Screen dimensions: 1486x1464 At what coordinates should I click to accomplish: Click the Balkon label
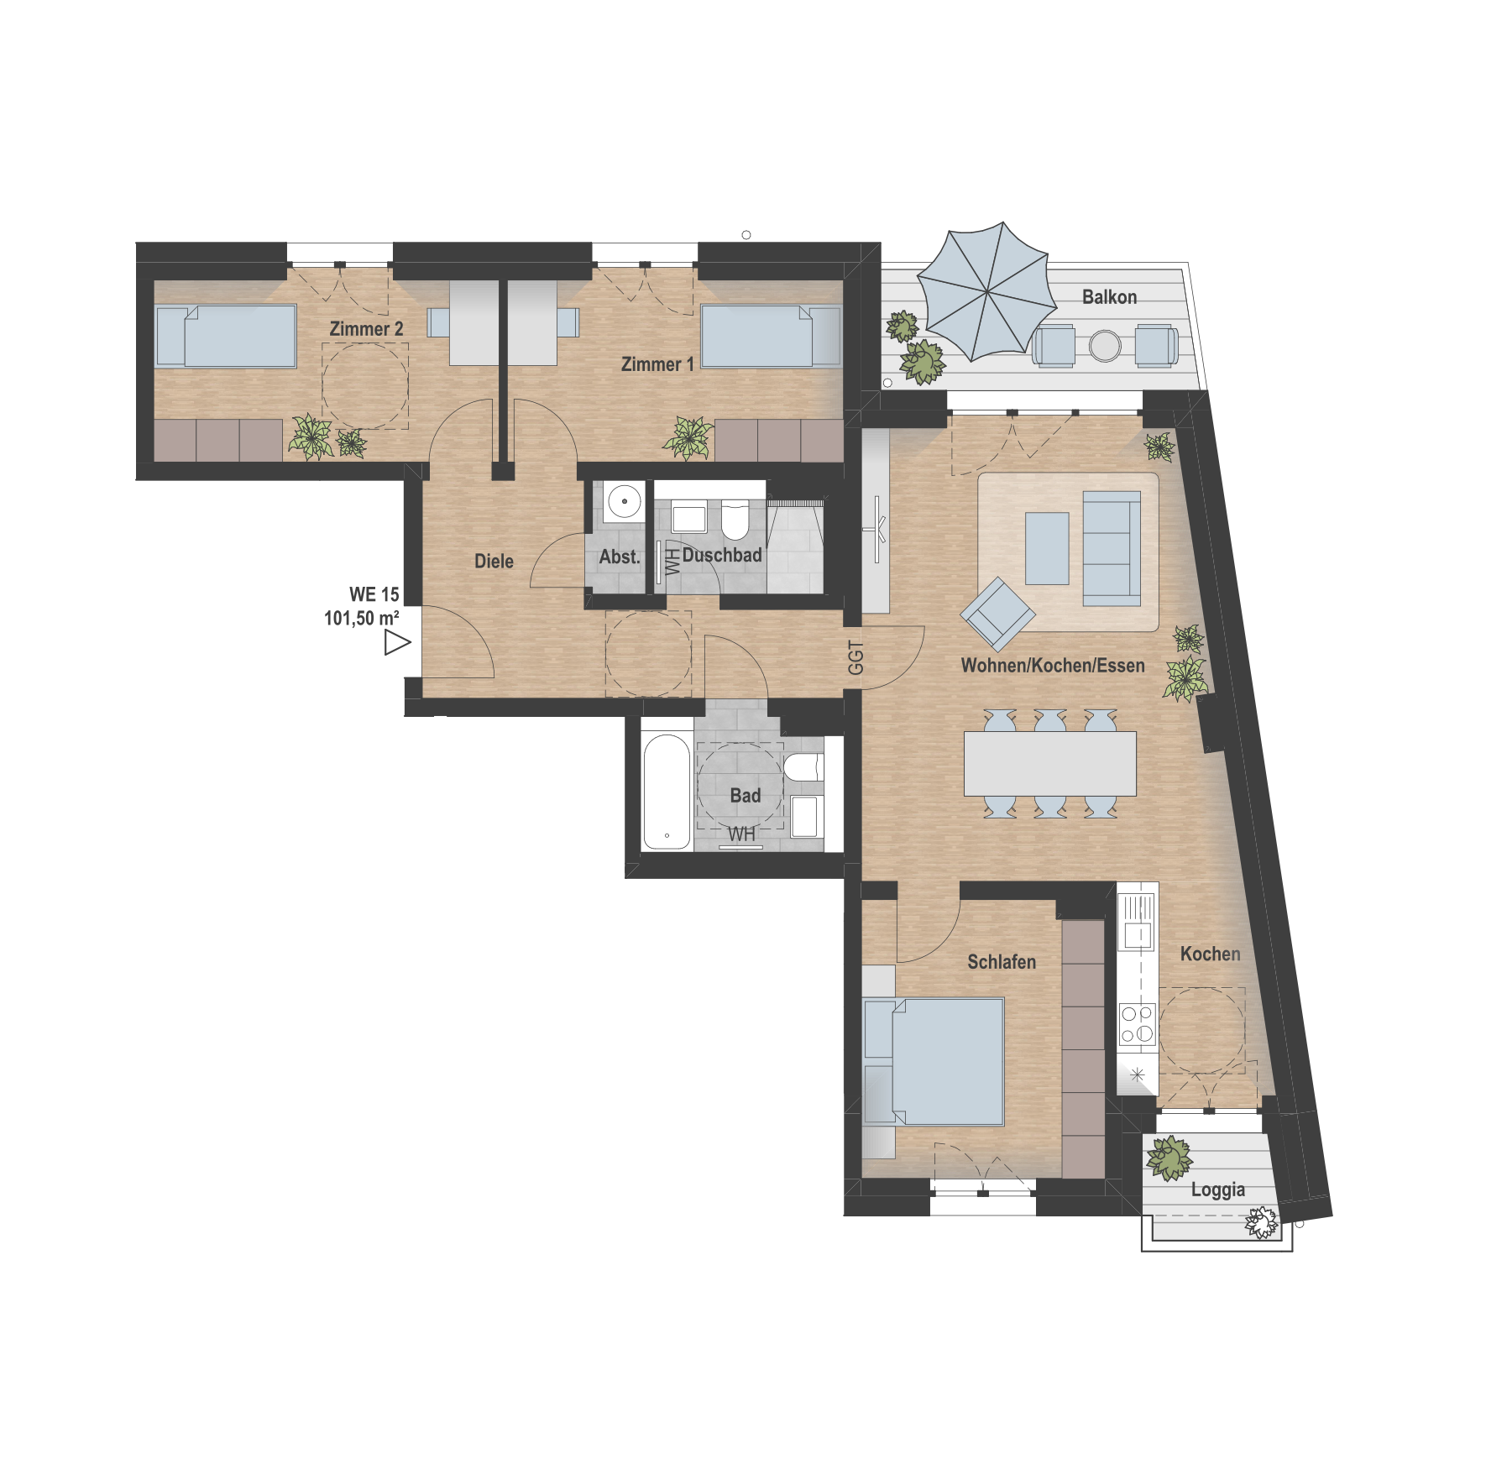pyautogui.click(x=1109, y=297)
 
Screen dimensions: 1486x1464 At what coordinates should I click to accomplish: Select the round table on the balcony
pyautogui.click(x=1105, y=346)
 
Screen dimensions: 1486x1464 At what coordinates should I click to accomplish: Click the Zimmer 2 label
pyautogui.click(x=366, y=329)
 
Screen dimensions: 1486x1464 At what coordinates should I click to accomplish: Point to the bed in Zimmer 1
pyautogui.click(x=771, y=336)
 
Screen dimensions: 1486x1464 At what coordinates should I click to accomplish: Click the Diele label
pyautogui.click(x=494, y=562)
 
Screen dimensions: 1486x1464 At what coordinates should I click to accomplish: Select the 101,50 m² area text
pyautogui.click(x=362, y=619)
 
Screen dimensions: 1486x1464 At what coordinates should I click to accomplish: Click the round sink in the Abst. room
pyautogui.click(x=624, y=501)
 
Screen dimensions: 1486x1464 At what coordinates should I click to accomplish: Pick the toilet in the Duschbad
pyautogui.click(x=735, y=520)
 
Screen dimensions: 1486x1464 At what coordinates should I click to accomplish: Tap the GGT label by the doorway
pyautogui.click(x=855, y=657)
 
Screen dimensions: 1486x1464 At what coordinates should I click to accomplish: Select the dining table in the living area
pyautogui.click(x=1049, y=764)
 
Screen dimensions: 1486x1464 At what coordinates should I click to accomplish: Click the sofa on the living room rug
pyautogui.click(x=1112, y=548)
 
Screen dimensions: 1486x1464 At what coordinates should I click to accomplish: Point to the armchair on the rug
pyautogui.click(x=998, y=614)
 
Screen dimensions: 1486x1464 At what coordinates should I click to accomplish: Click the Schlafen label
pyautogui.click(x=1002, y=962)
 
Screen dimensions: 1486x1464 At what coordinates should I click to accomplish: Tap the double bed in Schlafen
pyautogui.click(x=934, y=1061)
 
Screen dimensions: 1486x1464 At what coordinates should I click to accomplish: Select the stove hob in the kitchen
pyautogui.click(x=1138, y=1024)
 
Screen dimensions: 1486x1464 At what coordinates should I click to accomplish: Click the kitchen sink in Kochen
pyautogui.click(x=1138, y=921)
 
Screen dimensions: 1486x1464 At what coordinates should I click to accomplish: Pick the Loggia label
pyautogui.click(x=1217, y=1190)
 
